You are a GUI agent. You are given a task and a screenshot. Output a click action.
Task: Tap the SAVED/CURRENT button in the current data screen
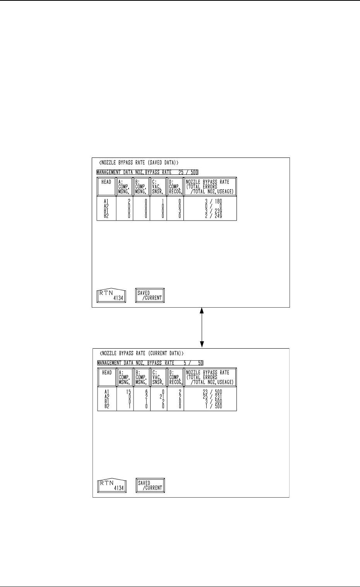[150, 485]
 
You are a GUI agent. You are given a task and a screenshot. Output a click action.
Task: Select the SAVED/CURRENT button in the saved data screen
[150, 296]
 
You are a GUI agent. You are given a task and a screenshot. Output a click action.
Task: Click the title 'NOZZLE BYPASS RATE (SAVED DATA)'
[139, 163]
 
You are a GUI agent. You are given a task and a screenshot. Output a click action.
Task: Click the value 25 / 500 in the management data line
[188, 173]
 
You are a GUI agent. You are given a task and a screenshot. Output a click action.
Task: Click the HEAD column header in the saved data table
[106, 182]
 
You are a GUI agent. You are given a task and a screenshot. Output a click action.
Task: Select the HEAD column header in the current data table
[107, 373]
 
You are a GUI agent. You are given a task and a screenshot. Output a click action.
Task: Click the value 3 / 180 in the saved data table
[211, 201]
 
